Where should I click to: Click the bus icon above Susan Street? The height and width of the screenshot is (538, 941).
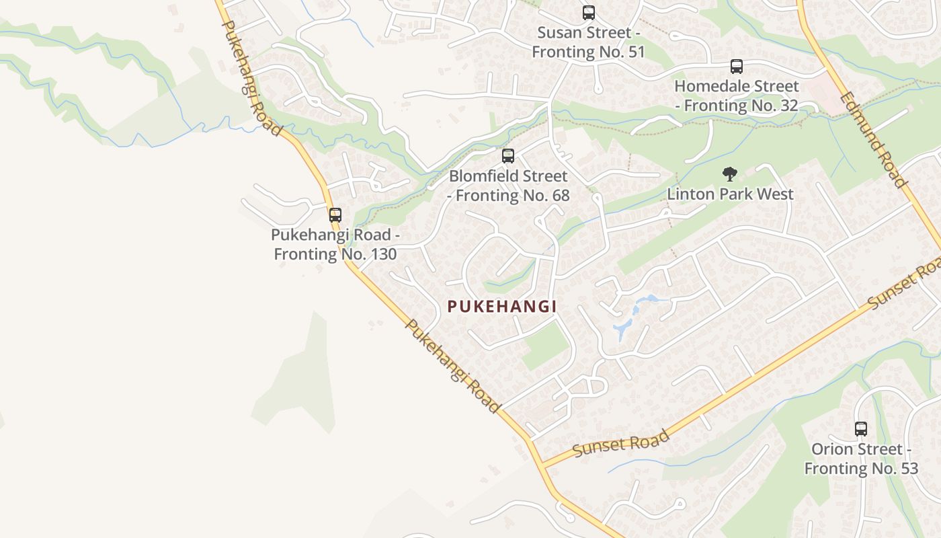[x=589, y=12]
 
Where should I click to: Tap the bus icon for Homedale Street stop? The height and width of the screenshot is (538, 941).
[x=737, y=66]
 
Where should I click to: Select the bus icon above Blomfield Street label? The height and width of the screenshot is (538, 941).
[x=508, y=156]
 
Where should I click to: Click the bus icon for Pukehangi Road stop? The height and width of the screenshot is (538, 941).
[x=335, y=215]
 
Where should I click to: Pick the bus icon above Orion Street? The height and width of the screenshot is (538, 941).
[x=861, y=428]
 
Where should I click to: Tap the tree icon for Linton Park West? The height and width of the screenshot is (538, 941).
[x=730, y=174]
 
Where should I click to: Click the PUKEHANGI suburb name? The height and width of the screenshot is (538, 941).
[x=502, y=307]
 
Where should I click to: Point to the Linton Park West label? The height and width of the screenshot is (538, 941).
[x=731, y=194]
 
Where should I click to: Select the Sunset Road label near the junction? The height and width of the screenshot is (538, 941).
[x=621, y=443]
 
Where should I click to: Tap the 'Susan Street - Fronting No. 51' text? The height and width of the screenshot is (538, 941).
[x=588, y=42]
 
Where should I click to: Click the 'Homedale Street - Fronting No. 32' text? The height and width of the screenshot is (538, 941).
[x=737, y=95]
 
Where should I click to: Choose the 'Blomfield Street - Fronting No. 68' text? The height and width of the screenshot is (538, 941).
[x=509, y=186]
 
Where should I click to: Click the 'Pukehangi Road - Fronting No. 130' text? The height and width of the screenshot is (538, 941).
[x=335, y=244]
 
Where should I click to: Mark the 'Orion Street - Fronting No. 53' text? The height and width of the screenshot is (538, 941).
[x=861, y=459]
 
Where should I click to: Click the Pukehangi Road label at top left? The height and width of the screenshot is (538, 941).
[x=251, y=77]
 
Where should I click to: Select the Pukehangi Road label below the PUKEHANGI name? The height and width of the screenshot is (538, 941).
[x=452, y=365]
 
